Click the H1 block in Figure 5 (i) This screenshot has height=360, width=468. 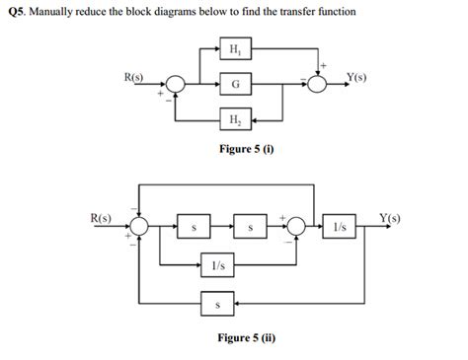click(234, 49)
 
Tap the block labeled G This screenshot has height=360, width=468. click(234, 85)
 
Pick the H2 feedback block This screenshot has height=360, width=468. click(234, 121)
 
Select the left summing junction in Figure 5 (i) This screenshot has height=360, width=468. click(176, 85)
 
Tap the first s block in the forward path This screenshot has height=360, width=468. click(194, 227)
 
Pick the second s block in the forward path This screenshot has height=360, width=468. click(250, 227)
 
